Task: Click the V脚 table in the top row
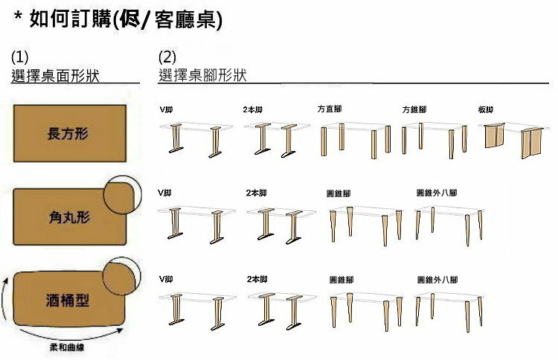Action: point(196,138)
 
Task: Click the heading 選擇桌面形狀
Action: point(56,75)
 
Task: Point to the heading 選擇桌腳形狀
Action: point(202,75)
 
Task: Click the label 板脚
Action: point(485,109)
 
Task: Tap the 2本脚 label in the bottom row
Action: point(256,279)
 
